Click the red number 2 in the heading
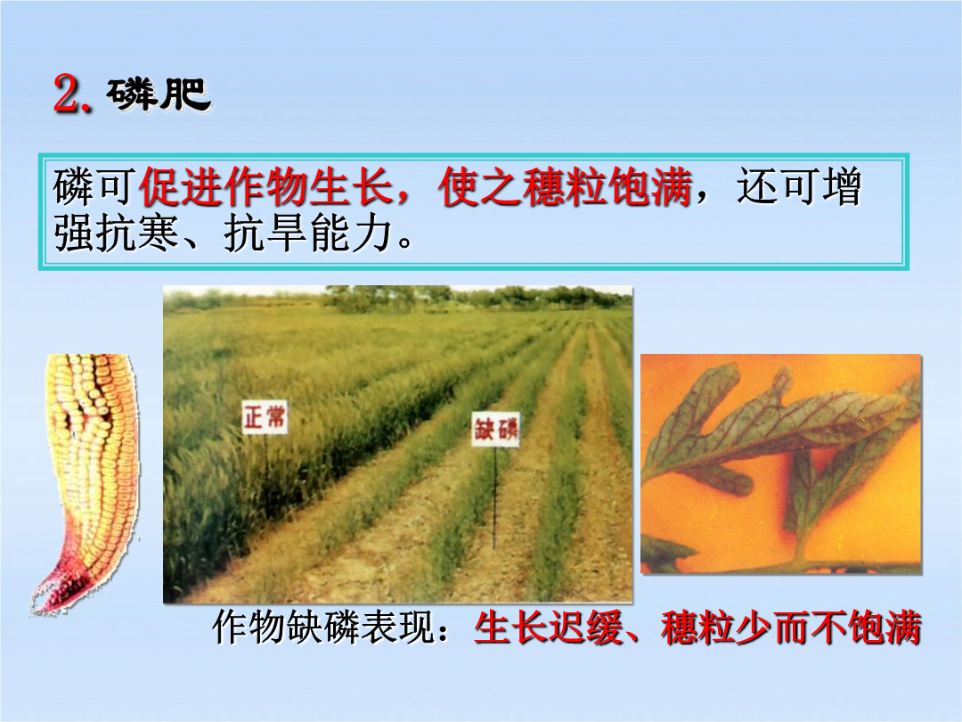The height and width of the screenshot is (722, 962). [x=69, y=94]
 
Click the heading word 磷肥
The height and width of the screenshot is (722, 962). [x=159, y=94]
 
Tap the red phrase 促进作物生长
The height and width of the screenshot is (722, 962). [x=265, y=187]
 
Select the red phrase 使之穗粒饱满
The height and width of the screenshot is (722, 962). [x=565, y=187]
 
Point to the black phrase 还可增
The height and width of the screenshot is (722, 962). [x=799, y=186]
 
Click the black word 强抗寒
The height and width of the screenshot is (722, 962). [x=116, y=234]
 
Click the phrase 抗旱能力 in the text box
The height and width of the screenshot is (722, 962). [x=308, y=234]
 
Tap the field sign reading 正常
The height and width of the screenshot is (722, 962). [x=265, y=417]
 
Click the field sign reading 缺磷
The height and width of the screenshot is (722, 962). [x=496, y=429]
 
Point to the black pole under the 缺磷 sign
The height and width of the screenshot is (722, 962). [x=494, y=497]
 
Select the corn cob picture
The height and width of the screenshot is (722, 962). [x=86, y=483]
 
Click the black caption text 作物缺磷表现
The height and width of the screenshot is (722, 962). [x=324, y=628]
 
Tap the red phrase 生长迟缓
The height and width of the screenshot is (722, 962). [x=549, y=628]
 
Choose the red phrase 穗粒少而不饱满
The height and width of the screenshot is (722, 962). [x=791, y=628]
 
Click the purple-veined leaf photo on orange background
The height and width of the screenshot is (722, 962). [x=781, y=464]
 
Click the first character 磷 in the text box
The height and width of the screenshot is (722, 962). [x=74, y=186]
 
